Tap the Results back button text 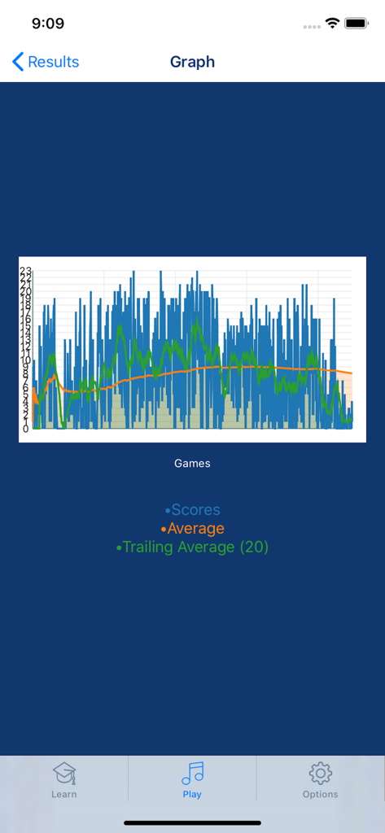click(x=54, y=62)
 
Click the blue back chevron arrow click(x=18, y=62)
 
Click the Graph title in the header click(x=192, y=62)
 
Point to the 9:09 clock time click(x=48, y=24)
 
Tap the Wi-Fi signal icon click(x=331, y=24)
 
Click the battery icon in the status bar click(x=357, y=24)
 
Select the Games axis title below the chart click(x=192, y=464)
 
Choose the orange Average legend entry click(x=195, y=529)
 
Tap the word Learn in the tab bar click(x=64, y=795)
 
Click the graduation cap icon click(x=64, y=774)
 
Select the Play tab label click(x=192, y=795)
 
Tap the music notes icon click(x=193, y=773)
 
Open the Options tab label click(x=320, y=795)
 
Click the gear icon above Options click(x=321, y=773)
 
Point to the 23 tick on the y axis click(x=25, y=271)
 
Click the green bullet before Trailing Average click(x=119, y=548)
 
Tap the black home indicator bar click(x=192, y=822)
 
